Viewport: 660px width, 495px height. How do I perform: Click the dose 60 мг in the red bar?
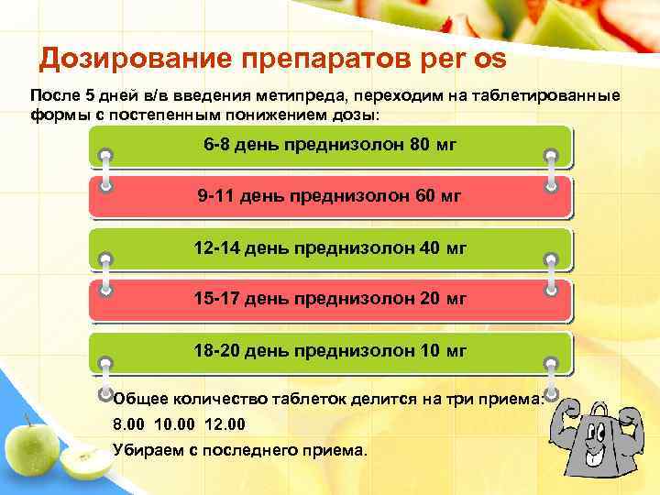tap(431, 196)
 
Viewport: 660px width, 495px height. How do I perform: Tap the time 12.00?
tap(225, 424)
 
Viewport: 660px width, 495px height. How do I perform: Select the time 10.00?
tap(176, 424)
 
